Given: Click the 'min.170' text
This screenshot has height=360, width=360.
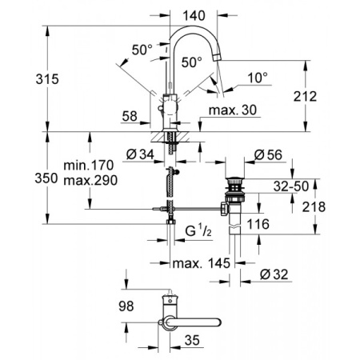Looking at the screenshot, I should [90, 166].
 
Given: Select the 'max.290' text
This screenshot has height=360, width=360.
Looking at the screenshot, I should [90, 180].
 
